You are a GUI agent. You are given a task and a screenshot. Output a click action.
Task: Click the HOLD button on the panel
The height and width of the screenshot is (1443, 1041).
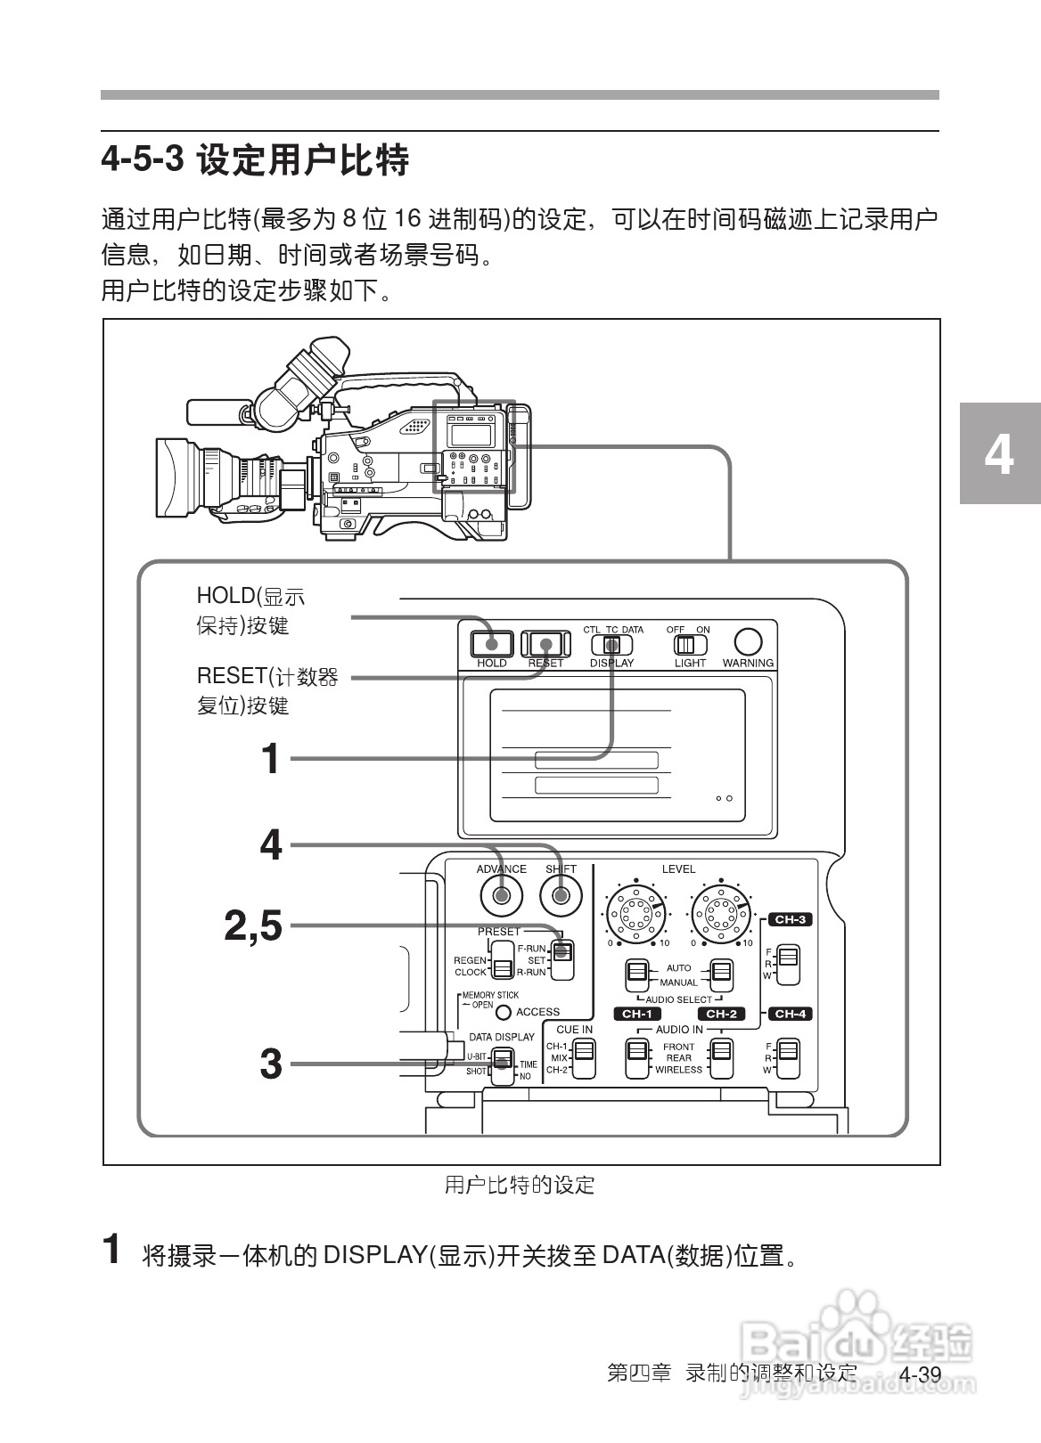pyautogui.click(x=492, y=642)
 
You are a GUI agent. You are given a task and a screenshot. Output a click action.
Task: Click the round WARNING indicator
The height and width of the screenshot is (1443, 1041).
pyautogui.click(x=748, y=641)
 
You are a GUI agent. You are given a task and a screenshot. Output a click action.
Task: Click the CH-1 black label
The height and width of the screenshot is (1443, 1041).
pyautogui.click(x=636, y=1014)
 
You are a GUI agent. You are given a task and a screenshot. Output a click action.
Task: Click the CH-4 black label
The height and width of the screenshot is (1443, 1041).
pyautogui.click(x=790, y=1014)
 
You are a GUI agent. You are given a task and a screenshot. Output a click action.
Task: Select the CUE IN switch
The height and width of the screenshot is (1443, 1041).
pyautogui.click(x=583, y=1058)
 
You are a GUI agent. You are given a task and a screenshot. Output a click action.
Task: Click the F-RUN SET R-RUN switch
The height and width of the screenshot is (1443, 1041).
pyautogui.click(x=561, y=960)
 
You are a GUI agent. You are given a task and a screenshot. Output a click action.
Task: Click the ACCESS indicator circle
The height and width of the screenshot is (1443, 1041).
pyautogui.click(x=504, y=1012)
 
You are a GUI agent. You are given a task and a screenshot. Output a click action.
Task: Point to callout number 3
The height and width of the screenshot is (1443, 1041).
pyautogui.click(x=270, y=1064)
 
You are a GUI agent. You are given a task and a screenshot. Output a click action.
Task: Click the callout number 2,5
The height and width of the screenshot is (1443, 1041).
pyautogui.click(x=252, y=926)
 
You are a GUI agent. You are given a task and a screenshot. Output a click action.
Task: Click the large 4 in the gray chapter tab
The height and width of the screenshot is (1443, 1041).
pyautogui.click(x=999, y=454)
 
